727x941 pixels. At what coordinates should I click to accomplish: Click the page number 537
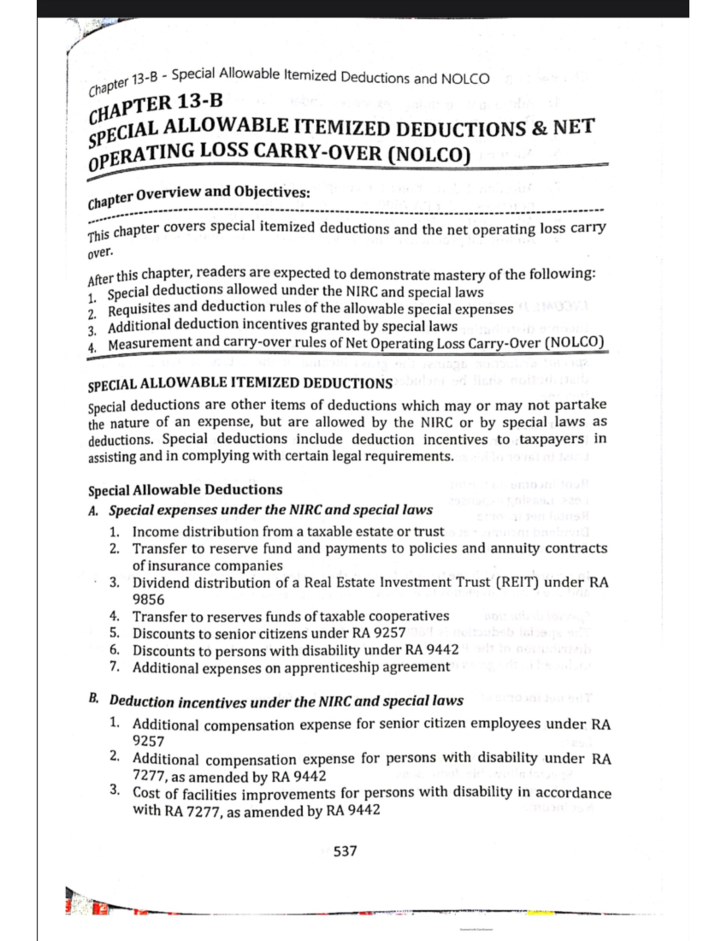tap(345, 851)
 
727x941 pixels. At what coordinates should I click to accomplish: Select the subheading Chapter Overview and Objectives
tap(199, 195)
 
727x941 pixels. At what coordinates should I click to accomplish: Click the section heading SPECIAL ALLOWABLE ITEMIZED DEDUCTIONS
tap(240, 384)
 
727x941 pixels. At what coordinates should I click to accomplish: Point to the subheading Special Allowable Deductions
tap(185, 490)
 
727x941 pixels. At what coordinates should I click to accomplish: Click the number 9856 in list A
tap(148, 599)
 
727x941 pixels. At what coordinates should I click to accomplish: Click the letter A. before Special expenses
tap(93, 510)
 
